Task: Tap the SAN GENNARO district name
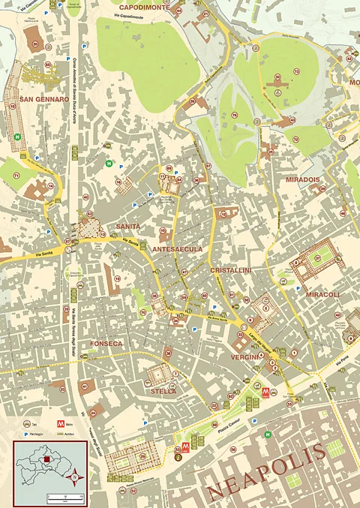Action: tap(44, 99)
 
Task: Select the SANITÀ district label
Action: tap(128, 226)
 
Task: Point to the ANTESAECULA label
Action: tap(177, 248)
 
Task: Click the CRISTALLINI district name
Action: tap(230, 269)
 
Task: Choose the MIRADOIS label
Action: tap(302, 180)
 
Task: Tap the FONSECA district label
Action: tap(106, 343)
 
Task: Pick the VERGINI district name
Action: tap(244, 357)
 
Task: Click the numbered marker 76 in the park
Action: tap(235, 115)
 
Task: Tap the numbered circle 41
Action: tap(83, 387)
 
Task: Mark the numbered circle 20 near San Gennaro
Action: tap(35, 44)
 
